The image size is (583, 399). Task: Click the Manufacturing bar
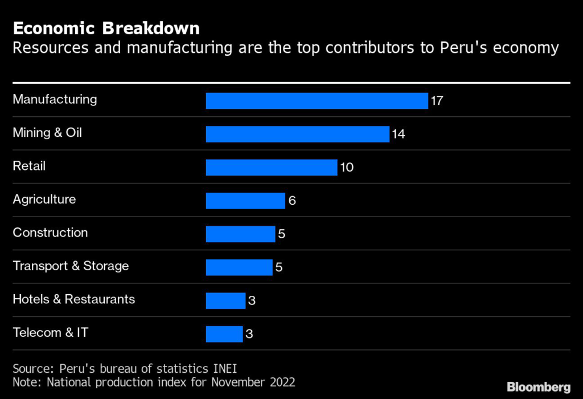point(317,101)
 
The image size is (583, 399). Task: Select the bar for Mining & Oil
point(297,134)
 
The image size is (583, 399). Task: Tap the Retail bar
point(272,168)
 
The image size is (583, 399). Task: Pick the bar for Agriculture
point(245,201)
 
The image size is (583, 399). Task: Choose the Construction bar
point(240,234)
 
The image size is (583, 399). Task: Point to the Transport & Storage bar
point(239,267)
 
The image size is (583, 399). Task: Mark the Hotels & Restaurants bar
point(225,301)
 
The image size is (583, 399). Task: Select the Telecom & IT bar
point(224,334)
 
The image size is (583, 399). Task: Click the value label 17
point(437,101)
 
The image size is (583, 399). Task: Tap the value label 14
point(398,134)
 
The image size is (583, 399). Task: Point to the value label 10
point(347,168)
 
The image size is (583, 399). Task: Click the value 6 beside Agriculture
point(292,201)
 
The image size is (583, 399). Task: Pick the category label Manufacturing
point(55,99)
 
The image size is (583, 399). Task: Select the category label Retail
point(29,166)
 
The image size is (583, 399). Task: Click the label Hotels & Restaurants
point(74,299)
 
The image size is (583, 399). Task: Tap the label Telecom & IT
point(51,332)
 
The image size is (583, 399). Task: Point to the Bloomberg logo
point(538,387)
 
